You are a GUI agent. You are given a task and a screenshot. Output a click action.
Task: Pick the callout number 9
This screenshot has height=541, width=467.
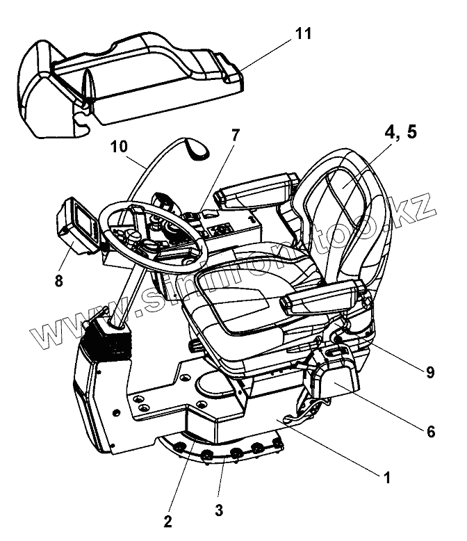pyautogui.click(x=430, y=371)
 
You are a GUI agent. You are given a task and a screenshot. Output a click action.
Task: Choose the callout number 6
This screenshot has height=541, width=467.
pyautogui.click(x=431, y=432)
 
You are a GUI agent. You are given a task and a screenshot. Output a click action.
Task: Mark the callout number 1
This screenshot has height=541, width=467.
pyautogui.click(x=387, y=477)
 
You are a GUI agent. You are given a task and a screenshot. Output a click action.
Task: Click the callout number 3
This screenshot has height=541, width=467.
pyautogui.click(x=219, y=510)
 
